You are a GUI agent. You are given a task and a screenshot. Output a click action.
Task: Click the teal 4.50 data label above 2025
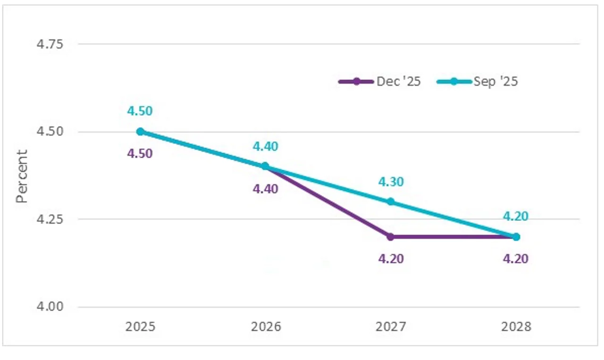click(x=140, y=111)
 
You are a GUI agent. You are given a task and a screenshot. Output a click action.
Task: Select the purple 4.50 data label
click(x=140, y=154)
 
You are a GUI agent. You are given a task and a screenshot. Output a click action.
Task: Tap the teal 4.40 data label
click(x=265, y=147)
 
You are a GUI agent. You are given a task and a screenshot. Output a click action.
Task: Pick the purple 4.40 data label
click(x=265, y=189)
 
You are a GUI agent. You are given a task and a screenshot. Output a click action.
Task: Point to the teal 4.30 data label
click(x=391, y=182)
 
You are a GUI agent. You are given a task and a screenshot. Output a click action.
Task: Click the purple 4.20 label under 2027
click(x=391, y=259)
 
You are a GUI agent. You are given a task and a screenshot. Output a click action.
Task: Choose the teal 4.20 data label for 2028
click(x=515, y=217)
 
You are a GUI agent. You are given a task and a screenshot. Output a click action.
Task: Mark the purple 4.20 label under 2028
click(x=515, y=259)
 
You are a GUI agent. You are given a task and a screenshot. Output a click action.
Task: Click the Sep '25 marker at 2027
click(x=391, y=202)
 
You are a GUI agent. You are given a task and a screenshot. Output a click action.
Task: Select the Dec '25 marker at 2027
click(x=391, y=237)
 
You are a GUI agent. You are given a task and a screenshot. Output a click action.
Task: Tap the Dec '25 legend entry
click(x=380, y=82)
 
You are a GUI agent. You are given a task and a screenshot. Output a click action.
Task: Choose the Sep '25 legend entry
click(x=477, y=82)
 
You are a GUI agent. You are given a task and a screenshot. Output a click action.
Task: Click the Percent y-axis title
click(x=22, y=176)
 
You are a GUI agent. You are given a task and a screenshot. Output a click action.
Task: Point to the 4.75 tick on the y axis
click(x=50, y=44)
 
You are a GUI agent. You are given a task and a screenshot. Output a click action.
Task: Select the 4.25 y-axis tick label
click(x=50, y=219)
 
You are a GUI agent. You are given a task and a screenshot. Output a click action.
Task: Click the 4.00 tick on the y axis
click(x=50, y=307)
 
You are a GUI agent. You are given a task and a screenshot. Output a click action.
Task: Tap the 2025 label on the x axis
click(x=140, y=327)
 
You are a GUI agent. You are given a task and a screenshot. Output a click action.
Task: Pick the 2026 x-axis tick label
click(x=265, y=327)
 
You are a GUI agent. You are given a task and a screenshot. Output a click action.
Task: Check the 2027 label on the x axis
click(x=391, y=327)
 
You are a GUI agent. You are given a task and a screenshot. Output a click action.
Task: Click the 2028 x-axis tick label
click(x=516, y=327)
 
